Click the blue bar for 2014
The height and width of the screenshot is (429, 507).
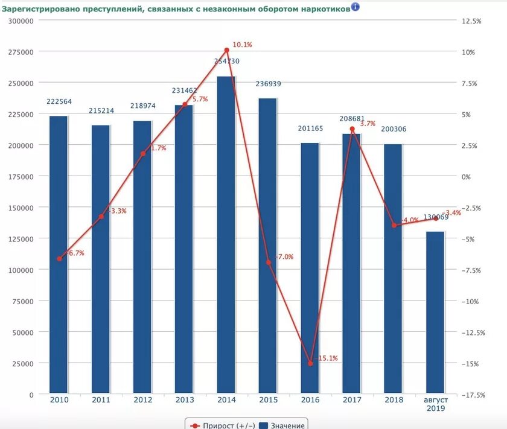pos(226,235)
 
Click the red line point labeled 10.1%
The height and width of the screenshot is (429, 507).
pos(226,50)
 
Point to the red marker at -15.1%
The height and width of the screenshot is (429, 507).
pos(310,364)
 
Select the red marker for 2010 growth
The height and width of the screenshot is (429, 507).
pos(59,259)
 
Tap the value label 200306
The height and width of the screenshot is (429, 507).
pos(393,129)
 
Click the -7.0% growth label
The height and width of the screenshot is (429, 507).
pos(284,257)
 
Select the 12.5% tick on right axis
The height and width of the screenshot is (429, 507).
pos(471,21)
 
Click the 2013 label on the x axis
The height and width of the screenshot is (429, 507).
pos(184,400)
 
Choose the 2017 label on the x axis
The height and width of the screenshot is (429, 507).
pos(351,400)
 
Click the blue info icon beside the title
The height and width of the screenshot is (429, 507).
pos(355,7)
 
